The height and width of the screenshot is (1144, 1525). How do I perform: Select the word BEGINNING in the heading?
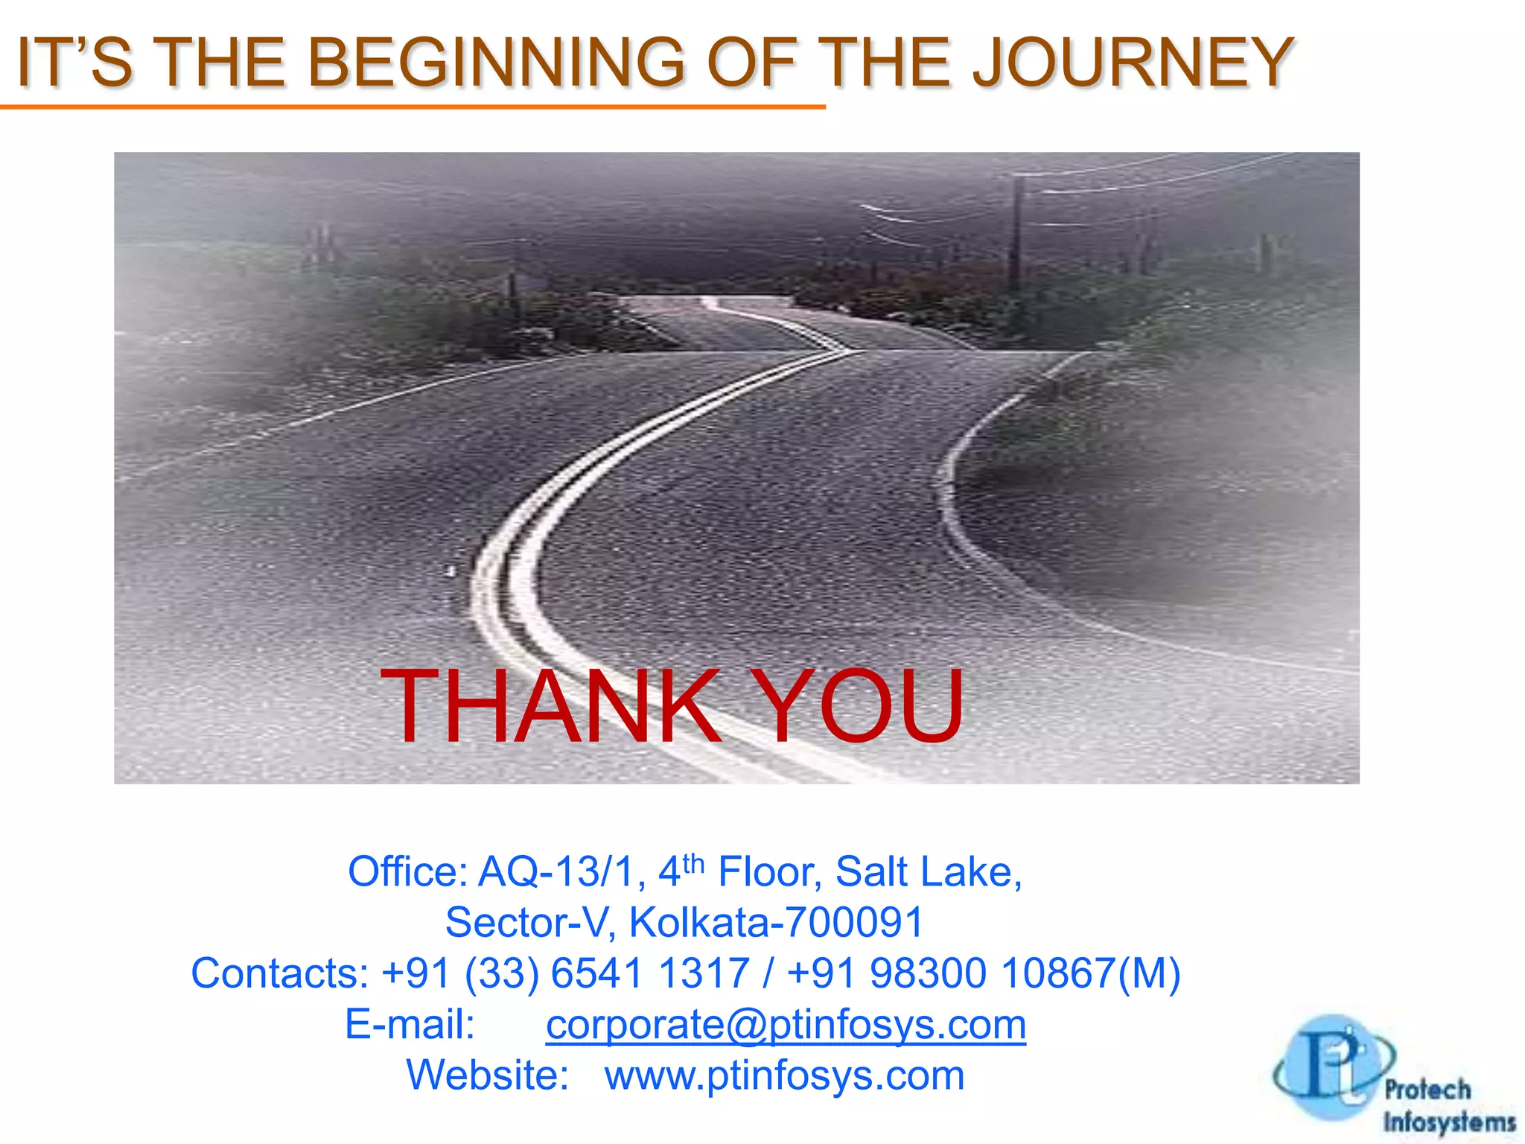(495, 63)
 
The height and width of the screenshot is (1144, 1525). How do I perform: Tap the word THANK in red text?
(550, 705)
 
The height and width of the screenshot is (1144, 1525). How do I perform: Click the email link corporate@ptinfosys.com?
(786, 1024)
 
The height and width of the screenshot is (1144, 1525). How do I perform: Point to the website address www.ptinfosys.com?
(784, 1075)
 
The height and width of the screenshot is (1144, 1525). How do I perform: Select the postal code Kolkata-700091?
(776, 922)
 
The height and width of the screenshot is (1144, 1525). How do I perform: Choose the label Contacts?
(279, 973)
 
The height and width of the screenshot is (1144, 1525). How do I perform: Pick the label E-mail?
(410, 1024)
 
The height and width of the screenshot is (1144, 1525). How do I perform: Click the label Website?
(488, 1075)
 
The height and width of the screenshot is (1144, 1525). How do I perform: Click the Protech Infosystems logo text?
(1448, 1106)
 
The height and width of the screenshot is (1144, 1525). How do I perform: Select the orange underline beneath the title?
(413, 107)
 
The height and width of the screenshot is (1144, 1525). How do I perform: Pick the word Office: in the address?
(407, 871)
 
